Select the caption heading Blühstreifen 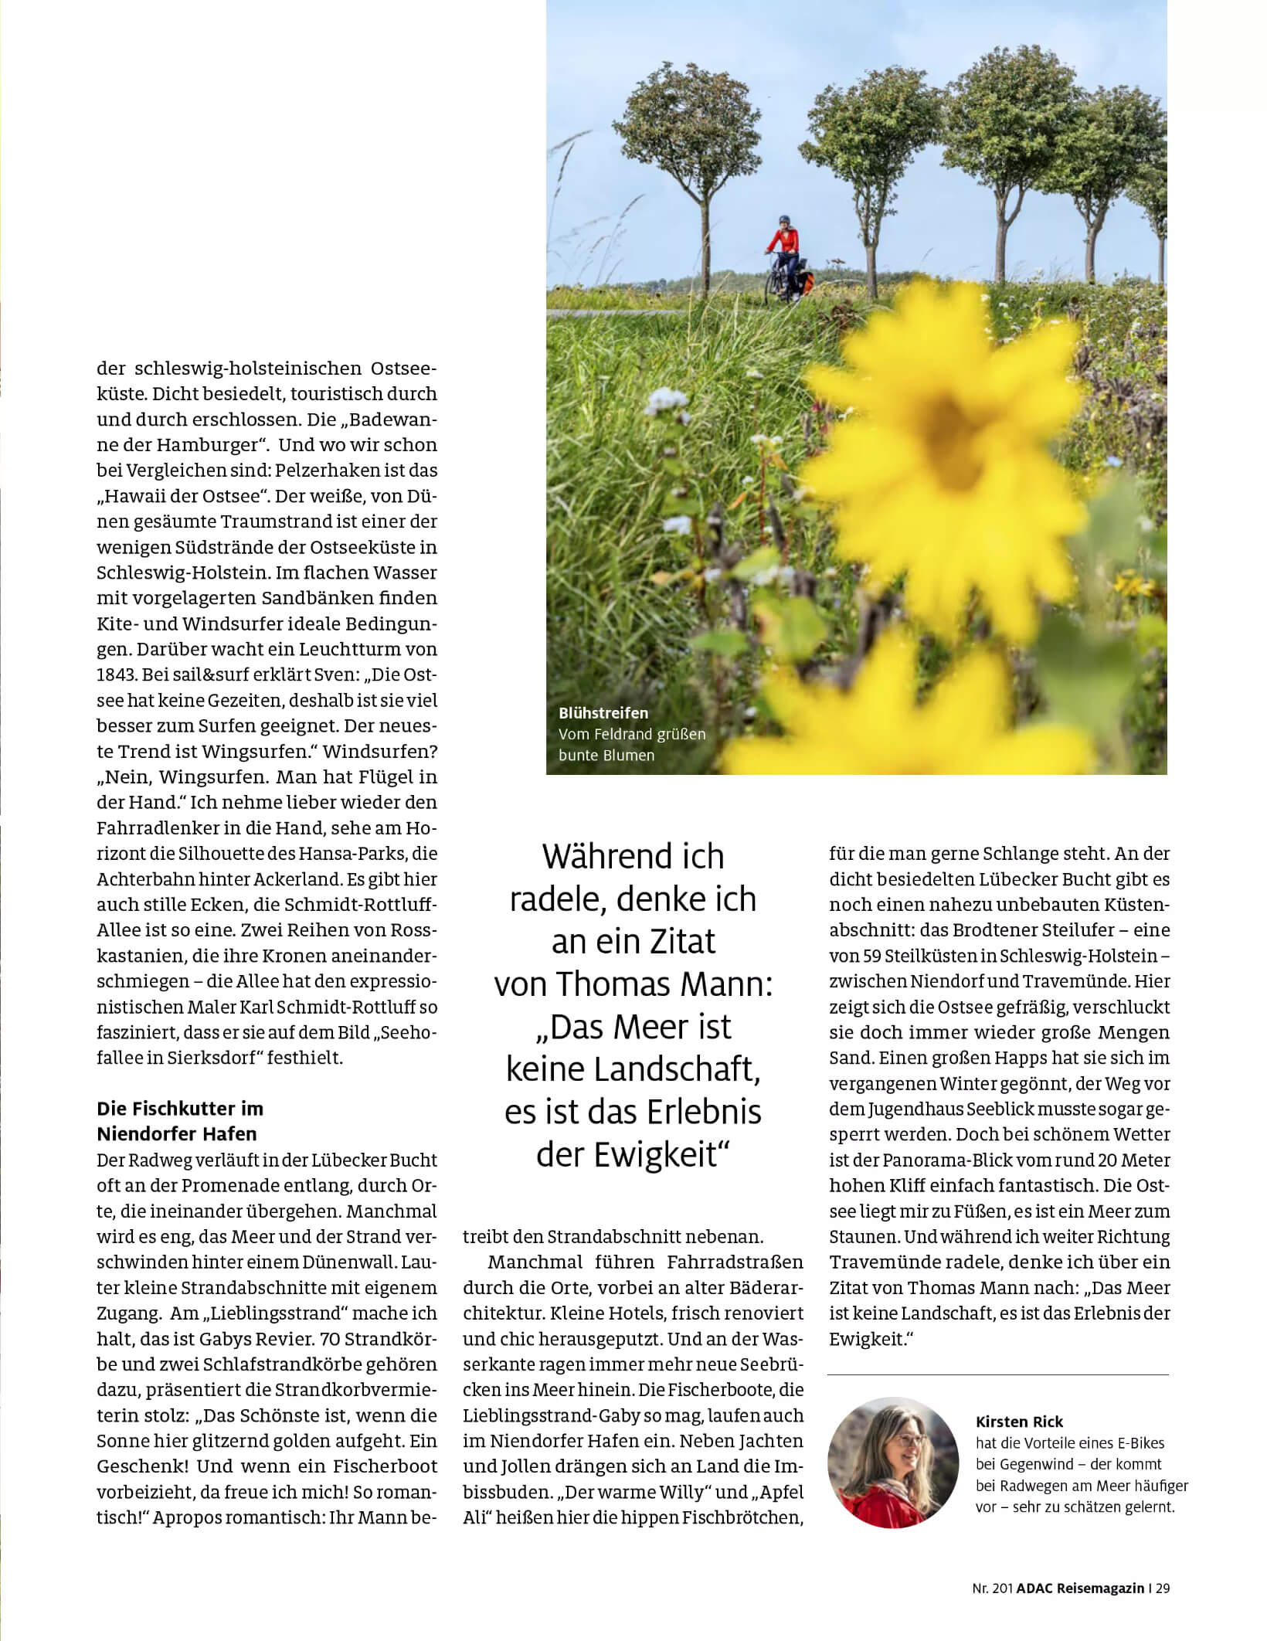[x=603, y=712]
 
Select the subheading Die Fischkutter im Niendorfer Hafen [x=180, y=1121]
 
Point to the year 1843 [x=116, y=674]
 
